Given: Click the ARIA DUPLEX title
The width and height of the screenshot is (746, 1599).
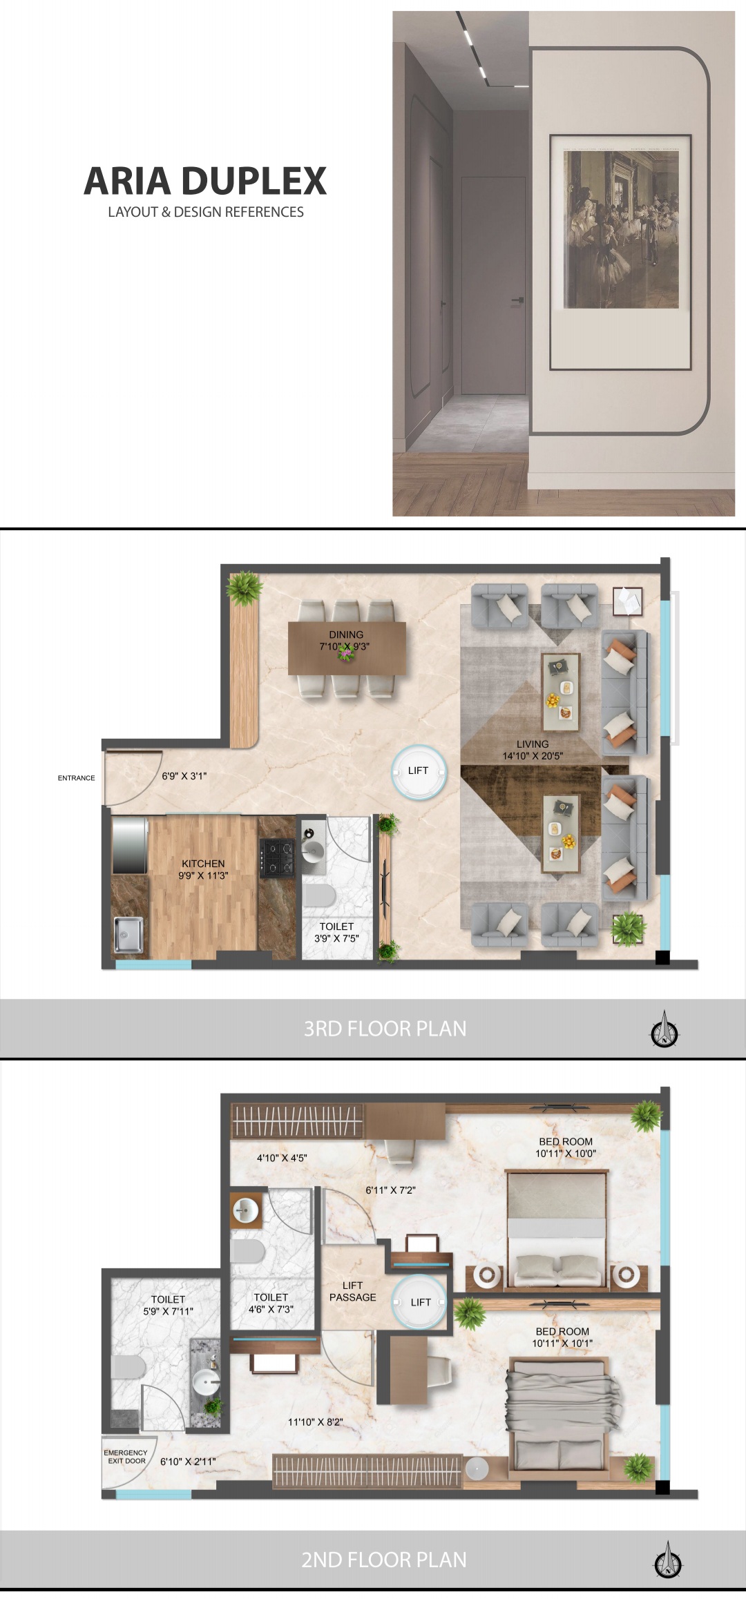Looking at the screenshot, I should pyautogui.click(x=205, y=181).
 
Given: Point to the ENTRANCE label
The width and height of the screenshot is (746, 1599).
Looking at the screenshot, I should pyautogui.click(x=76, y=778).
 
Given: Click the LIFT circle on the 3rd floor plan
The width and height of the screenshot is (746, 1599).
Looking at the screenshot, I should pyautogui.click(x=419, y=771).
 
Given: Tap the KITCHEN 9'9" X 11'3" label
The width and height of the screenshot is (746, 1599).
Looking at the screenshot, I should pyautogui.click(x=203, y=869).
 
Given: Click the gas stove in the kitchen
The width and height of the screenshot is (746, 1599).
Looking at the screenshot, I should pyautogui.click(x=278, y=857).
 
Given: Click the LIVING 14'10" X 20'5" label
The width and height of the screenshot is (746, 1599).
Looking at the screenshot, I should pyautogui.click(x=533, y=750).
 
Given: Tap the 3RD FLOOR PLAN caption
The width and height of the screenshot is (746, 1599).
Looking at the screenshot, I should pyautogui.click(x=385, y=1029).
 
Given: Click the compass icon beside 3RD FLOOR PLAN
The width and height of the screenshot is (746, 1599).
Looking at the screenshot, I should pyautogui.click(x=665, y=1031).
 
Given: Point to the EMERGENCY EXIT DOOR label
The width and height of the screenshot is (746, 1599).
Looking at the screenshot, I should pyautogui.click(x=126, y=1456).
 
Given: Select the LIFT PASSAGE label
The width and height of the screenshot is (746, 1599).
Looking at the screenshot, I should pyautogui.click(x=352, y=1291).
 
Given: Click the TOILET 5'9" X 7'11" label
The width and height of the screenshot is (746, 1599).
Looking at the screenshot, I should pyautogui.click(x=168, y=1305).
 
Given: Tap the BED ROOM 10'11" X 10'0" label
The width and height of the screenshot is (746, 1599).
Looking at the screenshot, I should pyautogui.click(x=565, y=1147).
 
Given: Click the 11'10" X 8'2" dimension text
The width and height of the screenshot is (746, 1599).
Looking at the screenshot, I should pyautogui.click(x=315, y=1422).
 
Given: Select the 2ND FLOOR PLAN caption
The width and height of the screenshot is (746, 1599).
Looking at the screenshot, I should pyautogui.click(x=383, y=1560).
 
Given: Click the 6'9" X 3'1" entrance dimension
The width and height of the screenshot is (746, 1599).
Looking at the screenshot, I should pyautogui.click(x=184, y=776).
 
